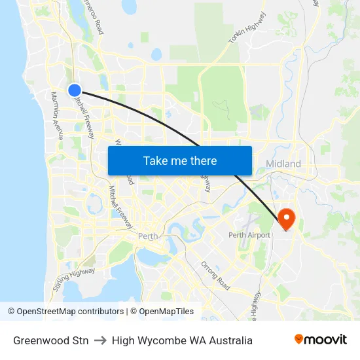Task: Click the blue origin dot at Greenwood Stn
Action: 75,90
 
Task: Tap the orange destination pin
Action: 287,217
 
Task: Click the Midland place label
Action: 283,164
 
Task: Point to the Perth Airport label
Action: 249,235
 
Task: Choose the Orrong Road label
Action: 215,276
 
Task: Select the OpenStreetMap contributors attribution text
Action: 65,312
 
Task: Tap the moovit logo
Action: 320,340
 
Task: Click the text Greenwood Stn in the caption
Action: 50,340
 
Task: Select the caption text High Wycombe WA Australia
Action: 182,340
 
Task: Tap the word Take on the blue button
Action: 156,160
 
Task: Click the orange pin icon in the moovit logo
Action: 299,339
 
